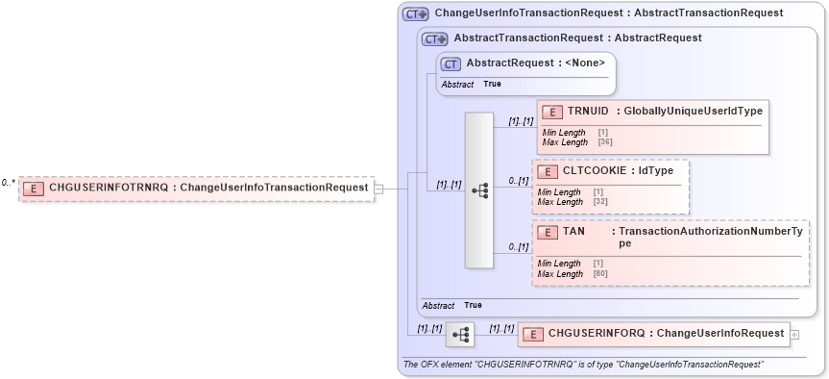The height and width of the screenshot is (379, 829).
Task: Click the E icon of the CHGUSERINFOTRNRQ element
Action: click(x=33, y=188)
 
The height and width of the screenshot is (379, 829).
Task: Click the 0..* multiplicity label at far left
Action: click(x=8, y=182)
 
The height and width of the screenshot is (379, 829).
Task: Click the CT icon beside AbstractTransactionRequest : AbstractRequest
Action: click(x=435, y=38)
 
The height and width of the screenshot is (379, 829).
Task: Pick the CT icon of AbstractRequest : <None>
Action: click(x=451, y=63)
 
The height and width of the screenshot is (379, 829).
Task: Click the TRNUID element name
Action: click(x=587, y=112)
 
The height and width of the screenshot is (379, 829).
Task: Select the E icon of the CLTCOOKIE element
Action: click(x=548, y=171)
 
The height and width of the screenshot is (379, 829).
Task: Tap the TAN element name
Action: click(x=574, y=232)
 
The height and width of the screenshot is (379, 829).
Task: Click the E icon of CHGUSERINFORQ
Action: click(x=533, y=334)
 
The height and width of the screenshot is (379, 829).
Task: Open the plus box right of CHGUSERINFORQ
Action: click(x=793, y=334)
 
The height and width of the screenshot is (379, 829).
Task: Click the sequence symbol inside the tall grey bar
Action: click(x=479, y=190)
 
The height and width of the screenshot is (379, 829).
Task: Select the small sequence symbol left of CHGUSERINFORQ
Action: click(x=460, y=334)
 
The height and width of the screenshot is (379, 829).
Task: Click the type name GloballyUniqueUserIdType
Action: click(x=693, y=112)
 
